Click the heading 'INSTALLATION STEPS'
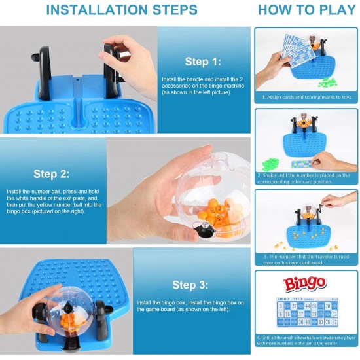point(122,10)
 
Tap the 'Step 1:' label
point(203,62)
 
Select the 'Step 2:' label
point(51,174)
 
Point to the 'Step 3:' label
point(190,285)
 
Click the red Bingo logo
point(304,283)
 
